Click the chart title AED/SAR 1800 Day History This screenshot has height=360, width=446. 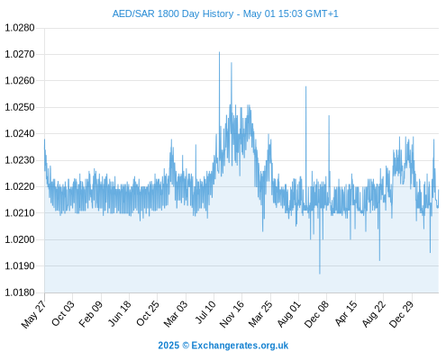coord(173,13)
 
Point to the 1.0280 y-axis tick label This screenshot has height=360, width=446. coord(20,28)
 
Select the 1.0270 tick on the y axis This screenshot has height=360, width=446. coord(20,54)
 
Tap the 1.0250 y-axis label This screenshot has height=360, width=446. coord(20,107)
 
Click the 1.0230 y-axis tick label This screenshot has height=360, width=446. coord(20,160)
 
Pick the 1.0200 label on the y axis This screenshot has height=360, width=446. coord(20,239)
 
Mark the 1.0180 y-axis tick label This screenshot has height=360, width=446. coord(20,292)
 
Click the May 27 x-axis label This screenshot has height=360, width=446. coord(33,314)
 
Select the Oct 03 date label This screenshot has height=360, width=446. coord(62,313)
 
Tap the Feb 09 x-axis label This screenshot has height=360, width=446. coord(90,313)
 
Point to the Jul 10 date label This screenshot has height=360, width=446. coord(205,312)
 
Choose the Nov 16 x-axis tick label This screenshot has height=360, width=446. coord(232,314)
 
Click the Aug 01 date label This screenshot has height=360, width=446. coord(289,314)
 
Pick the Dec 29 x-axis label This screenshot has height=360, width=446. coord(402,314)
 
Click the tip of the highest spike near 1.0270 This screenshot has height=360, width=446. coord(219,52)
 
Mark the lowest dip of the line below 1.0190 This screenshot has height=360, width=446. coord(320,274)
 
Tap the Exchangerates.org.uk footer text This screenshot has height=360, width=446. coord(240,346)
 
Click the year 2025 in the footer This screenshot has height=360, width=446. coord(168,346)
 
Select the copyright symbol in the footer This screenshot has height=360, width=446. coord(186,346)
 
